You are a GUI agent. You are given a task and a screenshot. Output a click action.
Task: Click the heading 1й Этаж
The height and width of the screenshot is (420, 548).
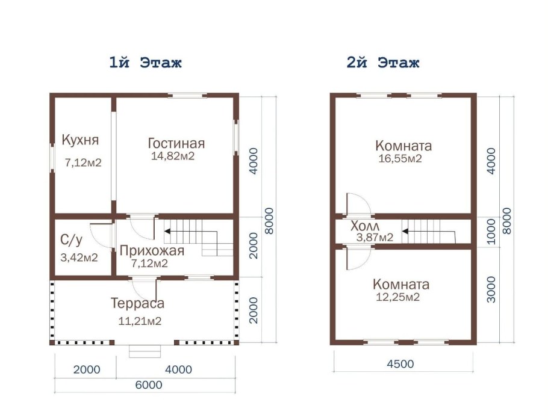(145, 63)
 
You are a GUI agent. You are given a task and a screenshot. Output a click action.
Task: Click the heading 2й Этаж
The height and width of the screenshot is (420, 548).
(383, 63)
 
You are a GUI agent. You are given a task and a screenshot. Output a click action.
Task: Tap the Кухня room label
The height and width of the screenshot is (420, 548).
(80, 140)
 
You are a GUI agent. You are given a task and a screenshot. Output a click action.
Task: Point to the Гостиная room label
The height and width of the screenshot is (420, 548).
(176, 143)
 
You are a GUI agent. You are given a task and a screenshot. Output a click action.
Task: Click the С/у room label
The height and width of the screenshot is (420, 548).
(72, 240)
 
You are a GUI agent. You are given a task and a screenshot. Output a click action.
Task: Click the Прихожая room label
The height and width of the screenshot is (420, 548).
(152, 251)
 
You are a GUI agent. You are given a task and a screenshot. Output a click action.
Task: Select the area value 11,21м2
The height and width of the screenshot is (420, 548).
(140, 321)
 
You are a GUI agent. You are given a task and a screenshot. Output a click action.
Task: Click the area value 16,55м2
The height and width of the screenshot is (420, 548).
(399, 159)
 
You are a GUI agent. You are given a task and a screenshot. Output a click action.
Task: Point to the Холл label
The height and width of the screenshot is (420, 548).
(366, 227)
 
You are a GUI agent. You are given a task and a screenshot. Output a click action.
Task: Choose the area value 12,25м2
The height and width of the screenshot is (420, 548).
(397, 297)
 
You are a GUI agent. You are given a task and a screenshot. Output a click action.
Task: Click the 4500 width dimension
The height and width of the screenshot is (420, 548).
(401, 364)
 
